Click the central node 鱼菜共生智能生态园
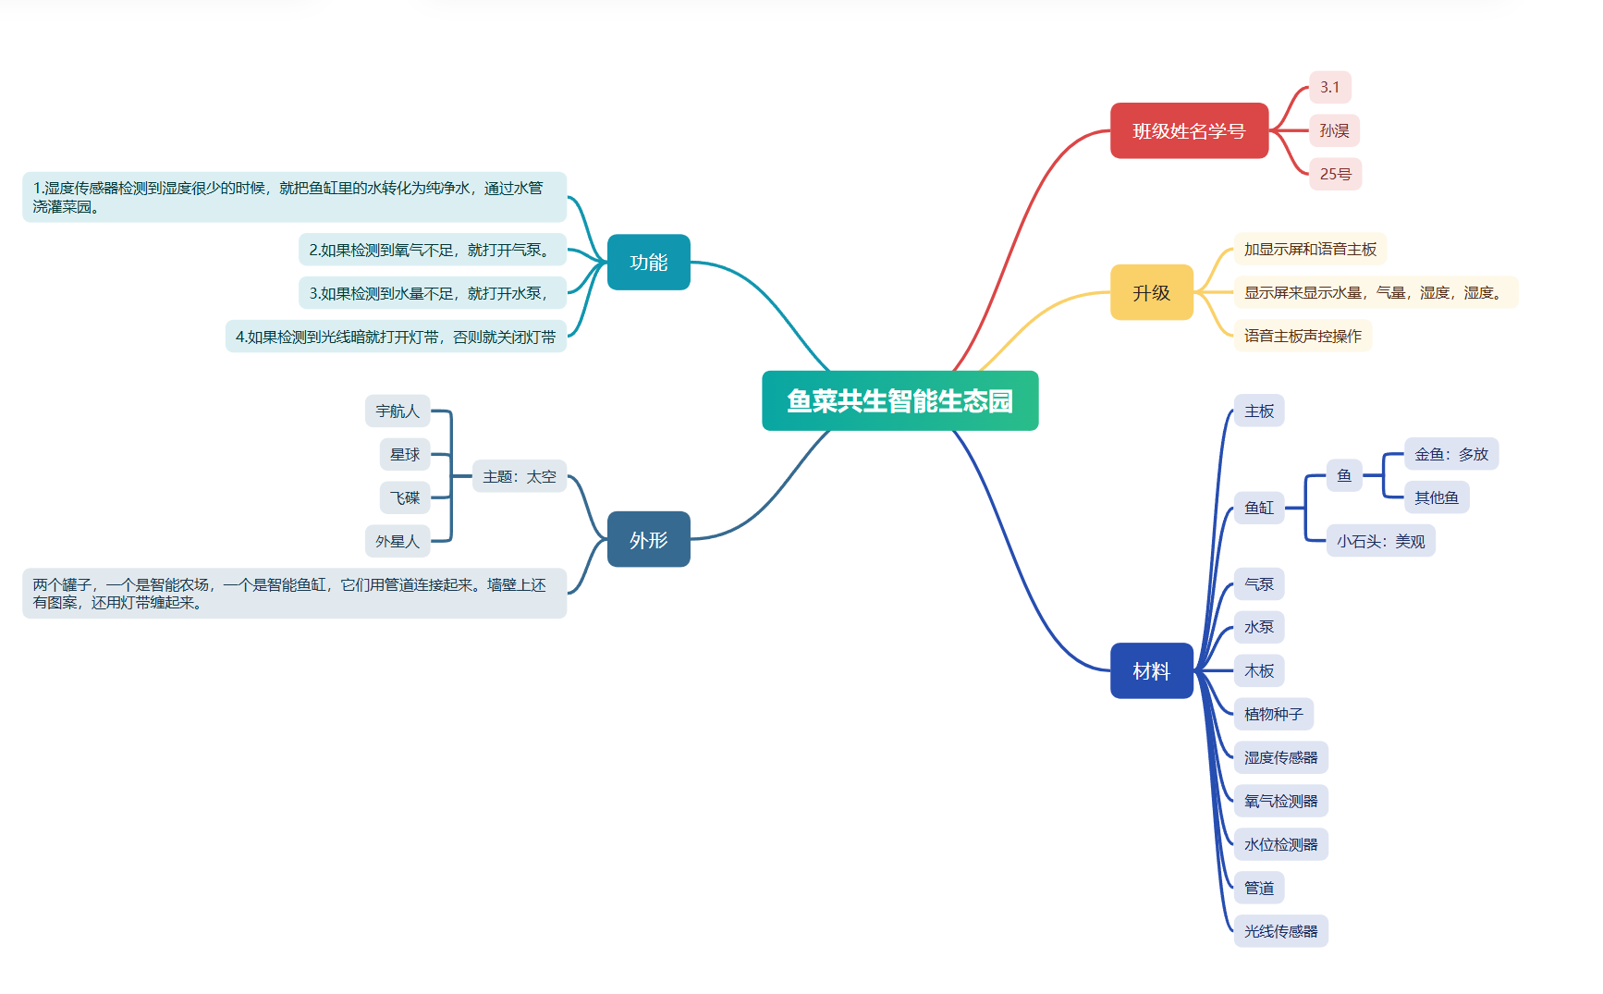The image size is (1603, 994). [899, 400]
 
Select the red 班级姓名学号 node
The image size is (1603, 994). [1188, 130]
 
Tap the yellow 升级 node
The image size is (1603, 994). [1151, 292]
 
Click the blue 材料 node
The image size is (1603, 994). [1151, 670]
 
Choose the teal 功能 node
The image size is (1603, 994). [648, 262]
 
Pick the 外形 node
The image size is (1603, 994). [648, 539]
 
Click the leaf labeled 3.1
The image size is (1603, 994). [1329, 87]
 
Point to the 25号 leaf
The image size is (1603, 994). [1335, 174]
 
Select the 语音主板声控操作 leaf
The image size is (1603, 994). [1302, 336]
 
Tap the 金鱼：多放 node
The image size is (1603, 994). [1450, 454]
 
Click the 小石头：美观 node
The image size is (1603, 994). [1379, 541]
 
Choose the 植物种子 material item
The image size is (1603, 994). [1273, 714]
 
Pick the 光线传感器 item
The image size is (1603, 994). [1280, 931]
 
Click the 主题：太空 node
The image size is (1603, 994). [519, 476]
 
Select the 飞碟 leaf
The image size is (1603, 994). [405, 497]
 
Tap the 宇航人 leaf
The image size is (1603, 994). [398, 411]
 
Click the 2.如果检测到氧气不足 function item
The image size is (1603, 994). [432, 250]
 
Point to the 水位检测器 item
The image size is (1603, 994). [1280, 844]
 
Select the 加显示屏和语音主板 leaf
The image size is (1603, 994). [1309, 249]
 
